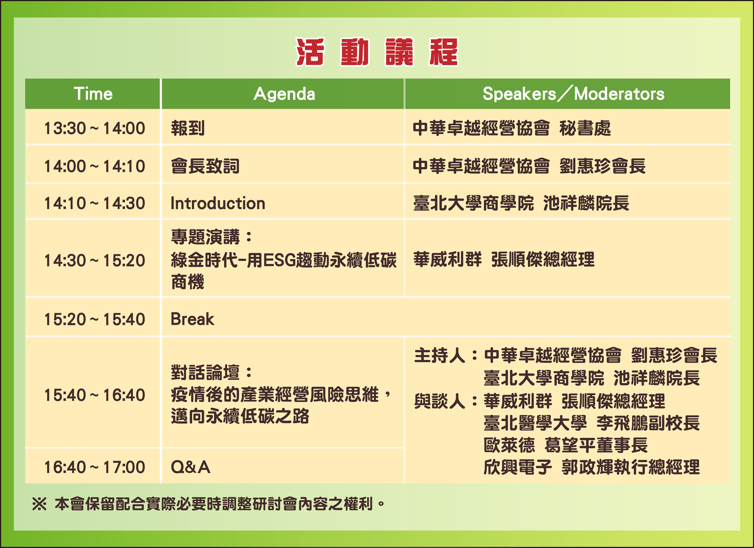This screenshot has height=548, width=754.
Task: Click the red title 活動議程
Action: pyautogui.click(x=377, y=52)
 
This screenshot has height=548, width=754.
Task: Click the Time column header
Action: pyautogui.click(x=93, y=94)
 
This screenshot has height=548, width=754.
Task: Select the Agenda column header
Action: pyautogui.click(x=284, y=94)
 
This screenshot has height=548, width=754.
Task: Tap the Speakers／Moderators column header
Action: pyautogui.click(x=573, y=94)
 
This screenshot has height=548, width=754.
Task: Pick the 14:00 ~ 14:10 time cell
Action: pyautogui.click(x=95, y=166)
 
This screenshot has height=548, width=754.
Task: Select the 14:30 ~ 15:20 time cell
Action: pyautogui.click(x=95, y=260)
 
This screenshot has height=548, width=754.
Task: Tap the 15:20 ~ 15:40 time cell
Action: pyautogui.click(x=95, y=319)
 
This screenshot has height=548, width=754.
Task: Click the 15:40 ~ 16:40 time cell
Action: pyautogui.click(x=95, y=395)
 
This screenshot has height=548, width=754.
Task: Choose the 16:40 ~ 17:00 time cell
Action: pyautogui.click(x=95, y=467)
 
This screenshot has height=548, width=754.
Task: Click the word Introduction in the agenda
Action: pyautogui.click(x=218, y=203)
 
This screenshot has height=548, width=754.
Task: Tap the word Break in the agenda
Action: pyautogui.click(x=192, y=319)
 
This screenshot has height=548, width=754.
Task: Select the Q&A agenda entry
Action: pyautogui.click(x=191, y=467)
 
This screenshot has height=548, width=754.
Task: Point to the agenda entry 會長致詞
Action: pyautogui.click(x=205, y=166)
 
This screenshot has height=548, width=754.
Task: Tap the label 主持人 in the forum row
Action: pyautogui.click(x=439, y=355)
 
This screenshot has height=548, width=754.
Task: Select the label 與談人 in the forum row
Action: pyautogui.click(x=439, y=401)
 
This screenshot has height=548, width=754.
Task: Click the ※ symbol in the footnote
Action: pyautogui.click(x=39, y=504)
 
